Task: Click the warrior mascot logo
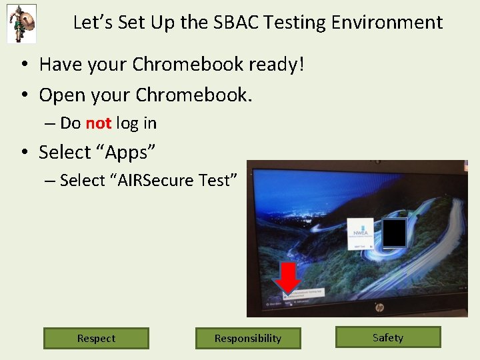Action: coord(21,23)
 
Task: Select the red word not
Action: coord(99,123)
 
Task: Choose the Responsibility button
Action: coord(248,338)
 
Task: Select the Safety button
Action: coord(388,337)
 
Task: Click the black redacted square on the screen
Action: coord(394,233)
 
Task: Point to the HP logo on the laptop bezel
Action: coord(379,308)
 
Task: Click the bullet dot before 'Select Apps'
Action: coord(24,153)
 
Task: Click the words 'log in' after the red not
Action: coord(136,123)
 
